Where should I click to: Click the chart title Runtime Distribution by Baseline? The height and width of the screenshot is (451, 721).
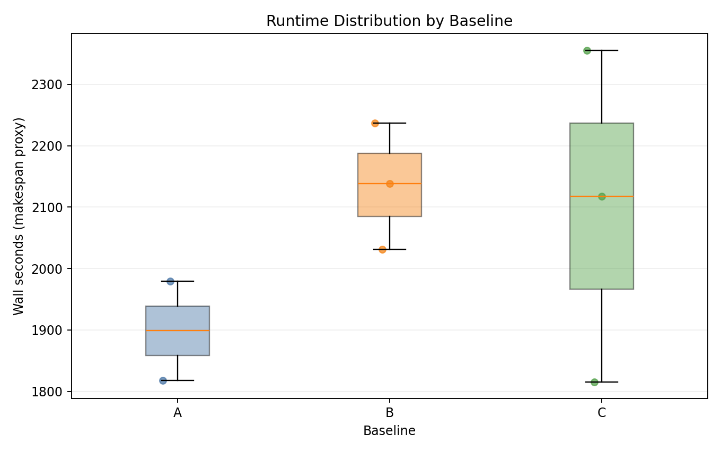(x=389, y=21)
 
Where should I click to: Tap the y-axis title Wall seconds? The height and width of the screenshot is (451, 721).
(x=19, y=216)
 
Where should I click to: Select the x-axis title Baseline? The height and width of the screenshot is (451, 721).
(x=389, y=431)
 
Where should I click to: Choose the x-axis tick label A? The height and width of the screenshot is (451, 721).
(x=178, y=413)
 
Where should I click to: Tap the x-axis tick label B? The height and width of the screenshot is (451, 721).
(x=390, y=413)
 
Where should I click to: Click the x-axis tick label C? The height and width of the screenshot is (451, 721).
(x=602, y=413)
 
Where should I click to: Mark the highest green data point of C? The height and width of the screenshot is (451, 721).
(x=587, y=50)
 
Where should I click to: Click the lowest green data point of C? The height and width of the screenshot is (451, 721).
(x=594, y=382)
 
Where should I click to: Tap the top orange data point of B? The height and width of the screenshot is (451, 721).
(x=375, y=123)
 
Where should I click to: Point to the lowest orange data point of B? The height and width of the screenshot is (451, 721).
(x=382, y=249)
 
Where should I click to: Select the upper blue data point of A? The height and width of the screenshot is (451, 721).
(x=170, y=281)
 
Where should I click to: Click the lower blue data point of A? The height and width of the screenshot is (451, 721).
(x=163, y=380)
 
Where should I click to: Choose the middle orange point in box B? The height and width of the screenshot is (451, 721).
(x=390, y=184)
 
